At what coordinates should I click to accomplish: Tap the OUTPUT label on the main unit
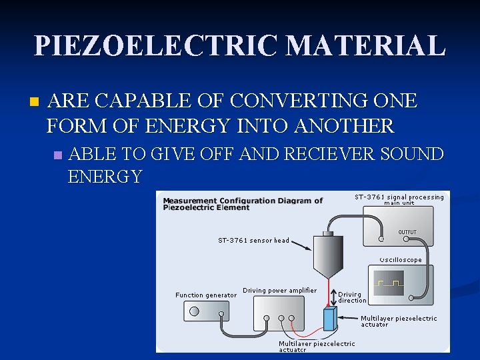[407, 233]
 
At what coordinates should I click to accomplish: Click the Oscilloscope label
[401, 260]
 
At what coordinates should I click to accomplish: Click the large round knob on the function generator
[195, 311]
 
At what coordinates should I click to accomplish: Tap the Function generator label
[205, 295]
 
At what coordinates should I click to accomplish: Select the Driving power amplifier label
[279, 290]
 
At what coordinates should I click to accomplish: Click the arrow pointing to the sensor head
[300, 245]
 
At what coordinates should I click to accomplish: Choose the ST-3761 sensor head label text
[253, 240]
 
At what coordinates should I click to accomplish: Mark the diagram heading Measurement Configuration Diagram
[243, 203]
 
